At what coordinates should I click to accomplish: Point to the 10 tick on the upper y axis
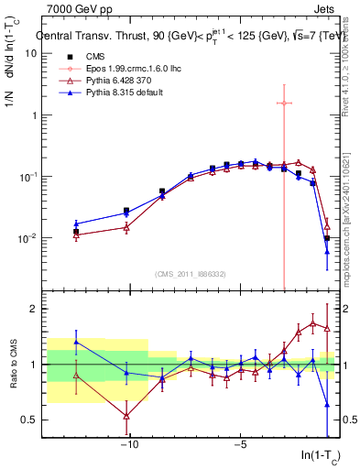click(31, 53)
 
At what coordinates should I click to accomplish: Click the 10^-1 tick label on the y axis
click(27, 177)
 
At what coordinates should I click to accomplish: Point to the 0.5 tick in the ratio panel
click(28, 420)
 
